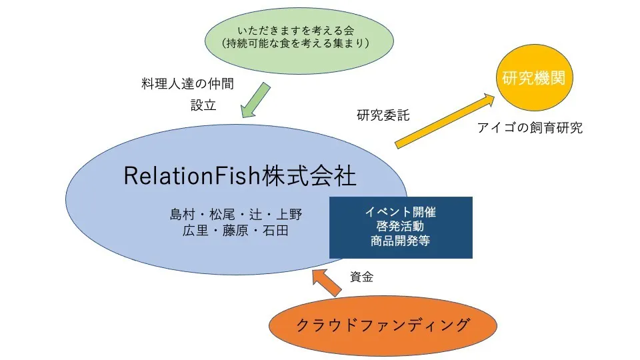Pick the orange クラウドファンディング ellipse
tap(383, 326)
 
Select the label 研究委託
tap(383, 115)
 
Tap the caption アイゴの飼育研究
tap(530, 128)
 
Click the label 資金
tap(361, 277)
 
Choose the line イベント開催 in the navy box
tap(400, 213)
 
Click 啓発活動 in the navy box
tap(400, 227)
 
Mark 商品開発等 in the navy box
tap(400, 241)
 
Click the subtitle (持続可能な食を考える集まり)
tap(297, 44)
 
